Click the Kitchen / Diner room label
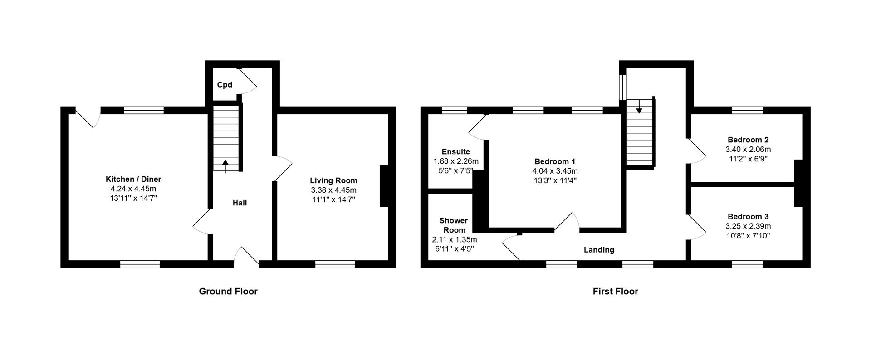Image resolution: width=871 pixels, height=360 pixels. pyautogui.click(x=133, y=180)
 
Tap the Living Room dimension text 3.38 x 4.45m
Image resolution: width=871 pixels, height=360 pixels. pyautogui.click(x=333, y=190)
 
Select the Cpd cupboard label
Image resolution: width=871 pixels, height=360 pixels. pyautogui.click(x=225, y=85)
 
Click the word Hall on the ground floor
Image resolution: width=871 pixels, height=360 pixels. pyautogui.click(x=240, y=203)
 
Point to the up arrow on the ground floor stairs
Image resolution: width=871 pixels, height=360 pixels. pyautogui.click(x=225, y=165)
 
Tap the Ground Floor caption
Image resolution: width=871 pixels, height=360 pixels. pyautogui.click(x=228, y=292)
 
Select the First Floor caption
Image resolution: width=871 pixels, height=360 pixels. pyautogui.click(x=615, y=292)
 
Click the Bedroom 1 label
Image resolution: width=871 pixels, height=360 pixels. pyautogui.click(x=555, y=161)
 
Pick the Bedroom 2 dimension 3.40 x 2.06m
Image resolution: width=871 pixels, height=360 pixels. pyautogui.click(x=748, y=149)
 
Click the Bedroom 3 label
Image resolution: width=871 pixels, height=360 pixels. pyautogui.click(x=748, y=217)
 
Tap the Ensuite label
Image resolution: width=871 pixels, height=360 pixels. pyautogui.click(x=456, y=151)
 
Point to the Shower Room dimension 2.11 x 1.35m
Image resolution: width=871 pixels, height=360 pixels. pyautogui.click(x=454, y=239)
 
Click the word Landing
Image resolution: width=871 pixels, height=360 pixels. pyautogui.click(x=599, y=250)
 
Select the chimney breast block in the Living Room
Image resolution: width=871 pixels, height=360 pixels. pyautogui.click(x=384, y=186)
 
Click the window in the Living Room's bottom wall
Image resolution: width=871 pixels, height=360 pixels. pyautogui.click(x=335, y=264)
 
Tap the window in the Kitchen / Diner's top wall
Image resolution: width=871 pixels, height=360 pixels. pyautogui.click(x=144, y=110)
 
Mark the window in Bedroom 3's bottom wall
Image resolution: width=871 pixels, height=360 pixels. pyautogui.click(x=747, y=264)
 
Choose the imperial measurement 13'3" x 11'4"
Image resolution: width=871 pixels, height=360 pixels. pyautogui.click(x=555, y=180)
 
